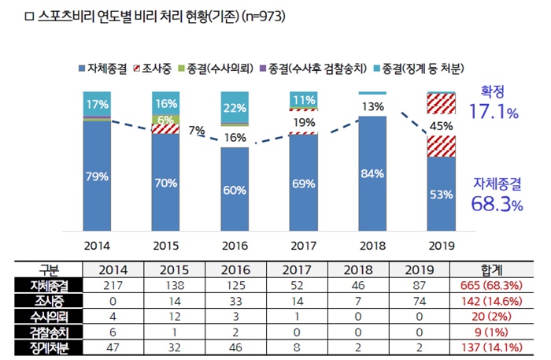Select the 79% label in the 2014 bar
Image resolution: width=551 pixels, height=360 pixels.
[97, 176]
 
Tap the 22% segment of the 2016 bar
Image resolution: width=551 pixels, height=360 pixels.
[234, 108]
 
